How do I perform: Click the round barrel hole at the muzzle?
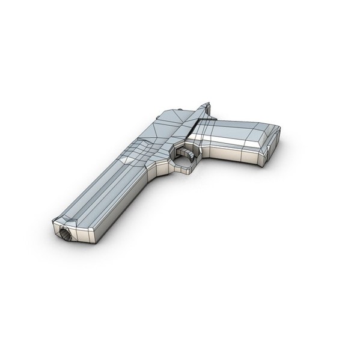pyautogui.click(x=65, y=234)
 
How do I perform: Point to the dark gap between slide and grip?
pyautogui.click(x=194, y=126)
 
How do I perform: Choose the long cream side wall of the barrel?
pyautogui.click(x=120, y=205)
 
